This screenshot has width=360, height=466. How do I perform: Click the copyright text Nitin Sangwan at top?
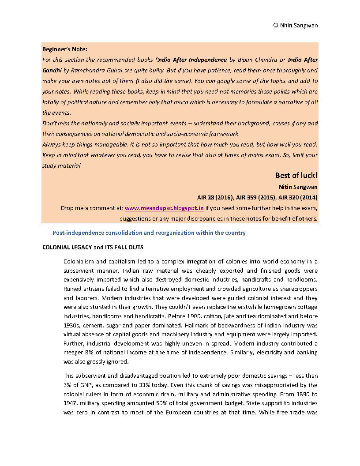pyautogui.click(x=295, y=25)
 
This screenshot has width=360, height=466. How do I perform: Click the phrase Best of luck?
pyautogui.click(x=296, y=175)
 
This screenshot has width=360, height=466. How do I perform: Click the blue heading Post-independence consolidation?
pyautogui.click(x=149, y=233)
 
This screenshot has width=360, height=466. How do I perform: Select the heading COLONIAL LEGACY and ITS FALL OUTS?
pyautogui.click(x=93, y=248)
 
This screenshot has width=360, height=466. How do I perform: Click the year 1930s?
pyautogui.click(x=71, y=325)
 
